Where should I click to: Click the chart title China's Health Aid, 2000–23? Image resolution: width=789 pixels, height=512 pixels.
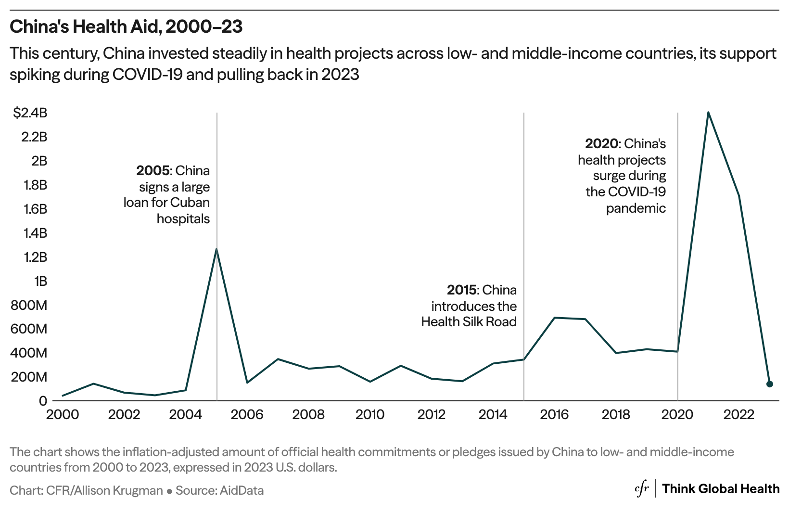(x=126, y=27)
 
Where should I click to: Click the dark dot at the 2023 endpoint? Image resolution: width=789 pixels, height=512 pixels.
(x=769, y=384)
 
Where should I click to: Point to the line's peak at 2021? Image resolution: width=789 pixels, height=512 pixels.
(x=708, y=112)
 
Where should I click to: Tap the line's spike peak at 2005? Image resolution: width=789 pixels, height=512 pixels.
(x=217, y=249)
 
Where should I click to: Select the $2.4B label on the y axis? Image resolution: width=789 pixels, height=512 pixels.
(x=30, y=113)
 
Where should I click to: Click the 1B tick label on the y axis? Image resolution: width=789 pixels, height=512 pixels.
(x=40, y=281)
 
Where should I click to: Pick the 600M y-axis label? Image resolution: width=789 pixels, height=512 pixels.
(x=30, y=329)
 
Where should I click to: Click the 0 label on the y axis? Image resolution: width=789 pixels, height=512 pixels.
(x=43, y=401)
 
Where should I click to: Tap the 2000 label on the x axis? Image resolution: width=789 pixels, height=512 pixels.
(x=63, y=415)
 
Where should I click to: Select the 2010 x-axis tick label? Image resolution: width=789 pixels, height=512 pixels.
(x=370, y=415)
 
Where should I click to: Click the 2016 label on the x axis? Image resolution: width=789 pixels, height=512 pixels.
(x=554, y=415)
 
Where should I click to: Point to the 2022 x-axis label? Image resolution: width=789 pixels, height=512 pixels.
(x=739, y=415)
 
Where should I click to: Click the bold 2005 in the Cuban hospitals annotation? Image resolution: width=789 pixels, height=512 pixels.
(x=153, y=171)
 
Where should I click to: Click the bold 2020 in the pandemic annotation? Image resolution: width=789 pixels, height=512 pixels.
(x=601, y=144)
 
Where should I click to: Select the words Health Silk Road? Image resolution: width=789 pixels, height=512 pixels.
(x=469, y=322)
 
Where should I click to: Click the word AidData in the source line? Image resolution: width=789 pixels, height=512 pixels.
(x=242, y=490)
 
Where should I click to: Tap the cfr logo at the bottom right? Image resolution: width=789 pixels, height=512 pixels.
(x=642, y=489)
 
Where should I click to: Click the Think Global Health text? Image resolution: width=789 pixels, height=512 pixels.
(x=721, y=489)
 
